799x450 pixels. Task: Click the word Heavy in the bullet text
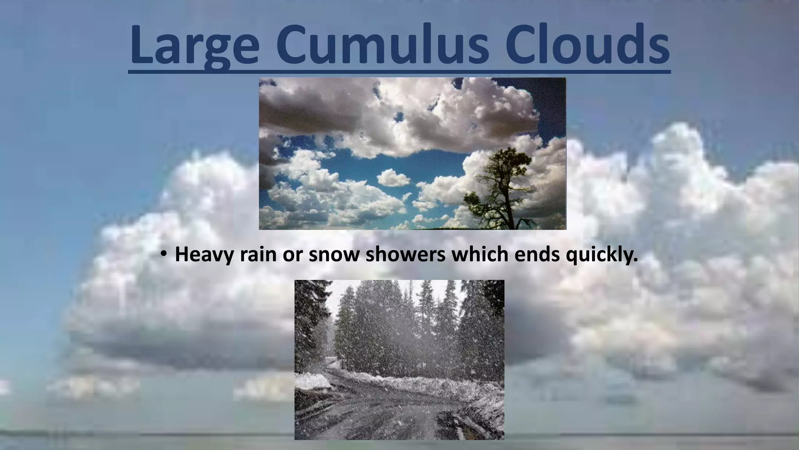point(204,255)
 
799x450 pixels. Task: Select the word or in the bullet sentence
point(291,255)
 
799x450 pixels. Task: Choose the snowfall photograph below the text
point(399,359)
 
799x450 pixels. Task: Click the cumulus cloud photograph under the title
point(412,153)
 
